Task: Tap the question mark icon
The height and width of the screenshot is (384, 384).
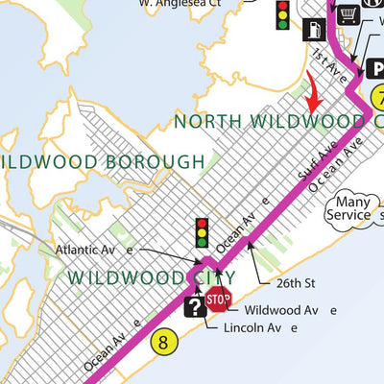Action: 195,306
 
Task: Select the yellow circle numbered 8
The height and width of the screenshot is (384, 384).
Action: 164,340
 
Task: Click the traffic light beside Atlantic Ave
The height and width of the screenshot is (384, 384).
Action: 202,233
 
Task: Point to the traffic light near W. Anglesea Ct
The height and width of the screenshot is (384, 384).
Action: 282,15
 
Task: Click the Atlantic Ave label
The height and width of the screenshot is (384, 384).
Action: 94,251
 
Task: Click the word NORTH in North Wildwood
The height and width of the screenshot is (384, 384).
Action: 205,121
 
